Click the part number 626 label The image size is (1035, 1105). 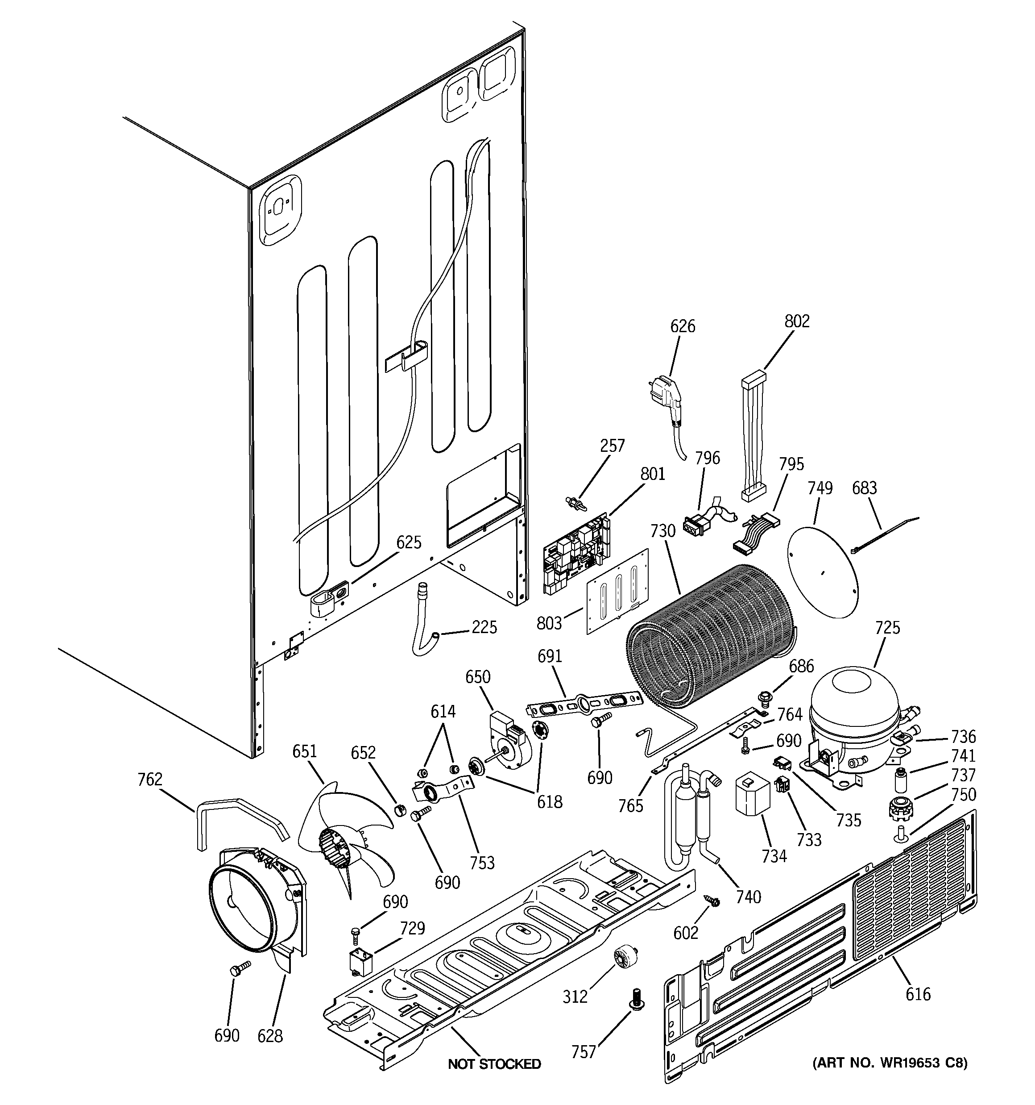(682, 326)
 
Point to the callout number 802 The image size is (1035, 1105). (797, 321)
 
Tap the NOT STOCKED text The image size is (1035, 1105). (494, 1064)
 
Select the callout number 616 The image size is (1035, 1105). (917, 994)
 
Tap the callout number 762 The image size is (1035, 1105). (149, 779)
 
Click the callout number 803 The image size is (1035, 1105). (549, 623)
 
